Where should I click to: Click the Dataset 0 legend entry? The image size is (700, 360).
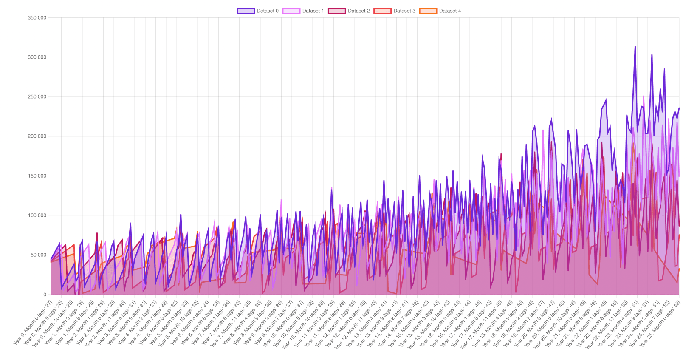(x=258, y=11)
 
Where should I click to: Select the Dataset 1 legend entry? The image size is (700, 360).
(x=303, y=11)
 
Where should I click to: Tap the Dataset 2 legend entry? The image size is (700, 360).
(x=349, y=11)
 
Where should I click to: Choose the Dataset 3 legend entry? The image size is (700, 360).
(x=395, y=11)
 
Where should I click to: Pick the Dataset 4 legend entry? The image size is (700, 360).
(x=440, y=11)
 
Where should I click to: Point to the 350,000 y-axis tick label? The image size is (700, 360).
(x=37, y=18)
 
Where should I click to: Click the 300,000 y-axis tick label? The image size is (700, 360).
(x=37, y=57)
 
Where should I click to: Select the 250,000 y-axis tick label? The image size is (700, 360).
(x=37, y=97)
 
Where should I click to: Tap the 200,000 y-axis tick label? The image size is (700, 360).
(x=37, y=136)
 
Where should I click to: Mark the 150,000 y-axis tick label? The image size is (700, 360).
(x=37, y=176)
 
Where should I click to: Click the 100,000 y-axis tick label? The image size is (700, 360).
(x=37, y=215)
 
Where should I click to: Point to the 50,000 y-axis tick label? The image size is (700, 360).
(x=38, y=255)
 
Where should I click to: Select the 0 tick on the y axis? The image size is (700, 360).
(x=45, y=295)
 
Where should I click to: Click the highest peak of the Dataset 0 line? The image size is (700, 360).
(x=635, y=47)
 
